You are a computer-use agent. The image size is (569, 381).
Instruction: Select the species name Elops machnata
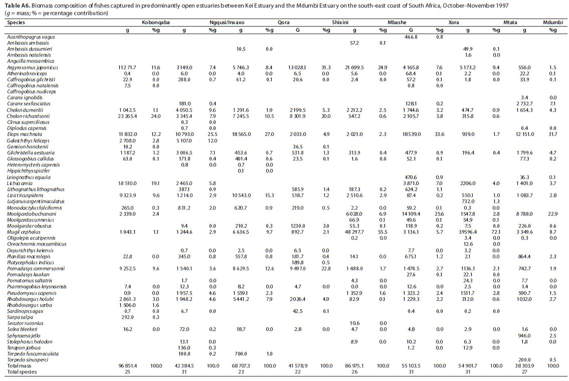(x=24, y=134)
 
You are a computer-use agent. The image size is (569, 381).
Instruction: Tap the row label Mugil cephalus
(x=24, y=233)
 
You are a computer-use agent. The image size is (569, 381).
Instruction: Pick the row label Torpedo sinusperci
(x=28, y=359)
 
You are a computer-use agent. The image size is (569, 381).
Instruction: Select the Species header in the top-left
(x=17, y=23)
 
